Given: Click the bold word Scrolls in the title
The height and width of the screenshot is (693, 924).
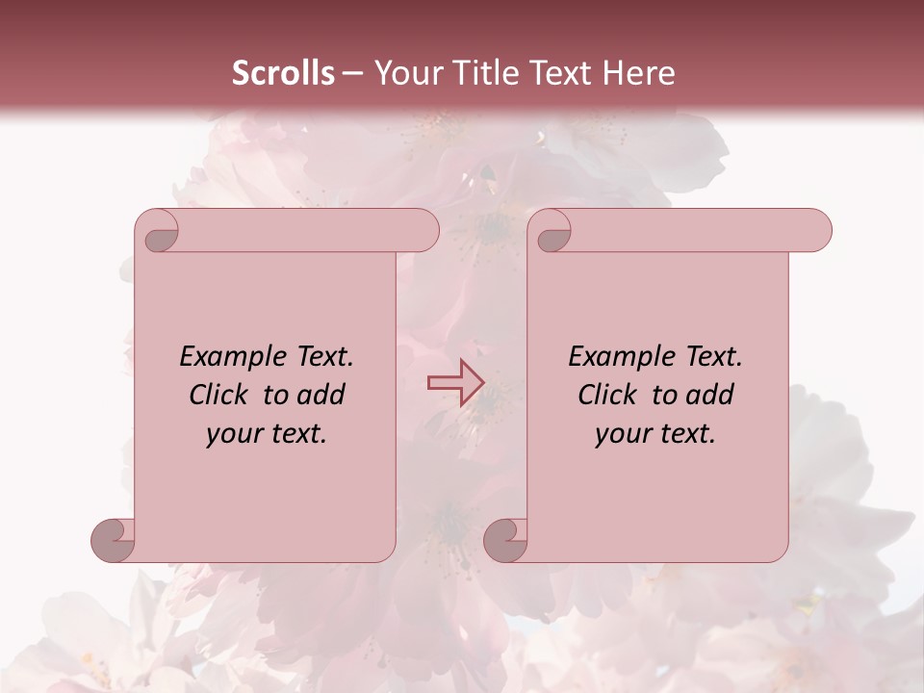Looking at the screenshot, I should click(283, 73).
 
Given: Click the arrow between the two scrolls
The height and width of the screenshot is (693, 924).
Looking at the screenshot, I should click(455, 382).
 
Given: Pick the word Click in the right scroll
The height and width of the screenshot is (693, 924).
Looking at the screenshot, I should click(608, 395).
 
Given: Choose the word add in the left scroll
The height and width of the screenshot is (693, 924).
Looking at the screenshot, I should click(321, 395).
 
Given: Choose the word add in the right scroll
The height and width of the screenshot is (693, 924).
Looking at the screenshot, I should click(709, 395).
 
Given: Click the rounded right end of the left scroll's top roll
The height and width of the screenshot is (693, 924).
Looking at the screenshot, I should click(424, 230).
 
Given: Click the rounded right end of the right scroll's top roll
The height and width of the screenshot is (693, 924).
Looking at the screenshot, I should click(817, 230).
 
